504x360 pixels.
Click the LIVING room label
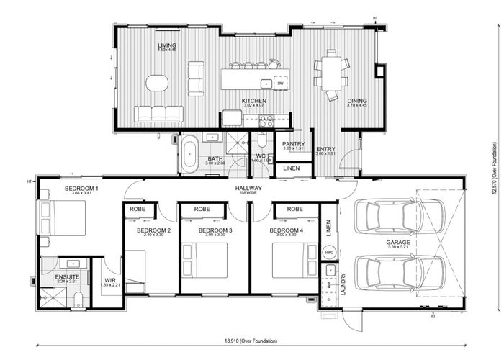tap(167, 45)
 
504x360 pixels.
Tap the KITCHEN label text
tap(253, 101)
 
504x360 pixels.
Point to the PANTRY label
tap(294, 144)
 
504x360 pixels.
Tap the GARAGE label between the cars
tap(397, 243)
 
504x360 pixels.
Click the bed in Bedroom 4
tap(294, 260)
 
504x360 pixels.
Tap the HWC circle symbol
tap(329, 253)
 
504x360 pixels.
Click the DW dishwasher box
tap(280, 83)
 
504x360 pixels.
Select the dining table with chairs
tap(331, 74)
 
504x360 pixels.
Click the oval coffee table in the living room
tap(157, 83)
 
